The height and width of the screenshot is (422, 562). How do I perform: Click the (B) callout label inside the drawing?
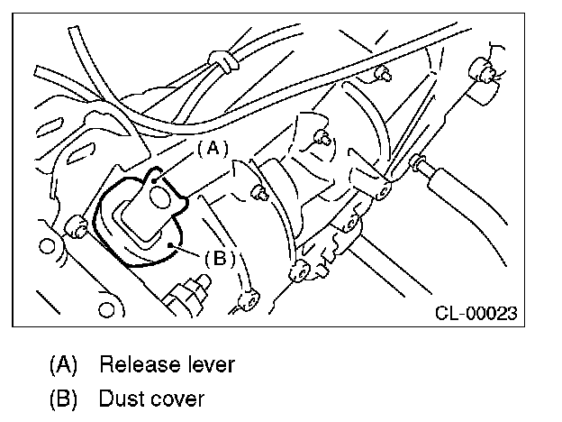point(219,258)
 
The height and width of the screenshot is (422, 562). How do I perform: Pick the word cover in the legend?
point(178,398)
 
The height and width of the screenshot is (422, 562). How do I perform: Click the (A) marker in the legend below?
point(62,365)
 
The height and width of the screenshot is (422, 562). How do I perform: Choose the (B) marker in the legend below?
point(62,398)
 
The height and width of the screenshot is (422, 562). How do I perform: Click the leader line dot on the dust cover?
point(169,243)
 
